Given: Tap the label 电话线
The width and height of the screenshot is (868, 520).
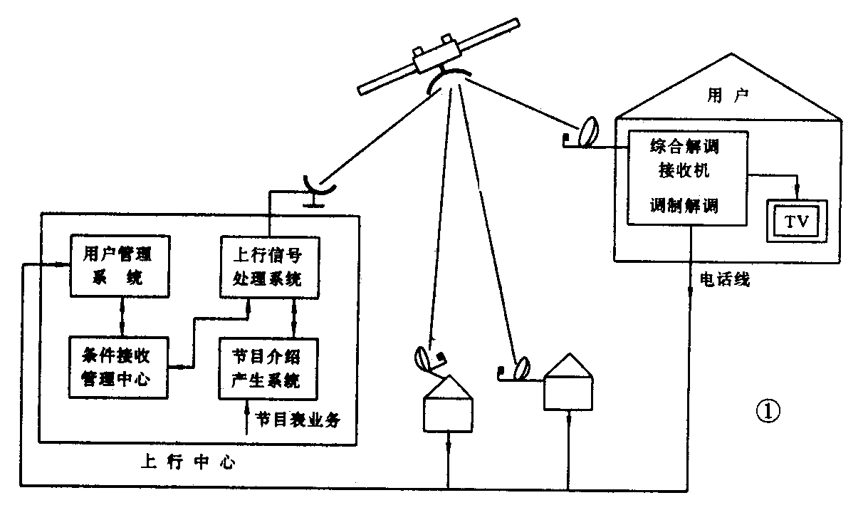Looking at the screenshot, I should [724, 279].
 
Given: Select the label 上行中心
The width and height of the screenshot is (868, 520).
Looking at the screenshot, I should [185, 462].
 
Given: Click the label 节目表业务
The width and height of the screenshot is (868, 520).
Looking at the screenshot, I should [298, 420].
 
